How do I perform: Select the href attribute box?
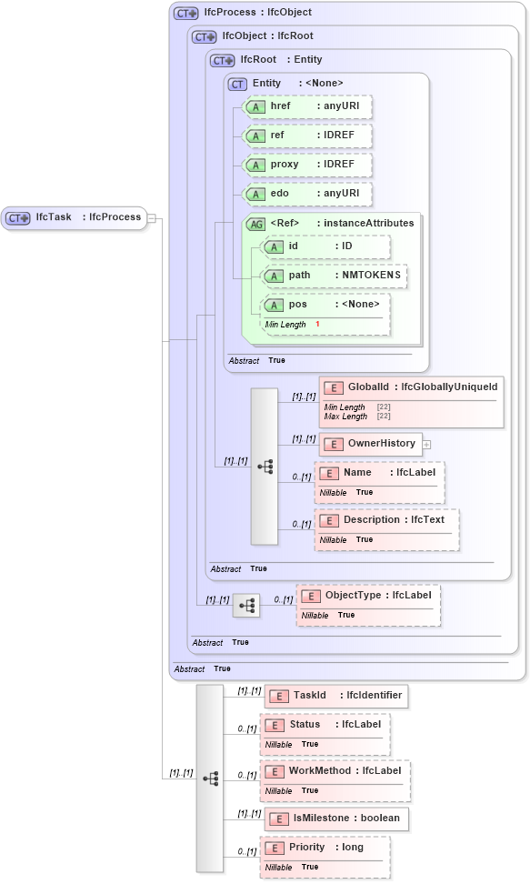[x=308, y=107]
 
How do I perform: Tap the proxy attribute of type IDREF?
[x=308, y=165]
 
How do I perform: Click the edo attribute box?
[x=308, y=194]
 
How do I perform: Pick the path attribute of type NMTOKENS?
[x=333, y=276]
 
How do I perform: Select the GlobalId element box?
[x=410, y=387]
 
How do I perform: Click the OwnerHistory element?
[x=369, y=444]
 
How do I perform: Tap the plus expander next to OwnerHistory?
[x=426, y=445]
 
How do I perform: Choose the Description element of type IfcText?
[x=385, y=520]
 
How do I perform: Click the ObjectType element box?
[x=368, y=596]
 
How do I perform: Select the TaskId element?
[x=335, y=696]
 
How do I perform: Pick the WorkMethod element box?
[x=335, y=771]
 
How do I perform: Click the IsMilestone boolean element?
[x=335, y=819]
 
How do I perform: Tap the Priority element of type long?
[x=325, y=848]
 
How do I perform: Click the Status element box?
[x=325, y=725]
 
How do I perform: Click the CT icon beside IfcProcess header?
[x=186, y=14]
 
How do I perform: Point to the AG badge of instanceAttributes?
[x=256, y=224]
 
